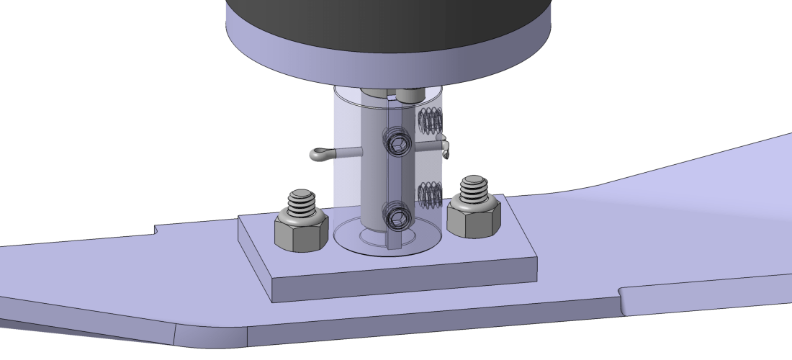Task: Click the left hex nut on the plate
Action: (297, 233)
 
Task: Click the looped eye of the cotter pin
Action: (318, 153)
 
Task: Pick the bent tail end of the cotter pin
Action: (446, 148)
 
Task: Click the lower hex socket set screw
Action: (397, 218)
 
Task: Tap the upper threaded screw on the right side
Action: (430, 120)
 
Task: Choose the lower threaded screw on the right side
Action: (429, 194)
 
